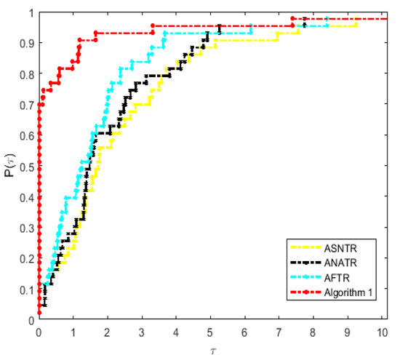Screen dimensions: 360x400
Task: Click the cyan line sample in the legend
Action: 305,279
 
